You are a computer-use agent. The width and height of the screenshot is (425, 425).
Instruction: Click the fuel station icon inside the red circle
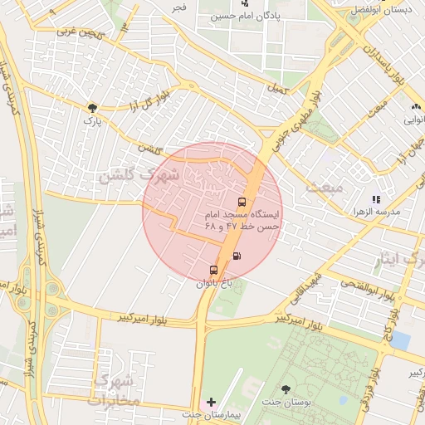238,256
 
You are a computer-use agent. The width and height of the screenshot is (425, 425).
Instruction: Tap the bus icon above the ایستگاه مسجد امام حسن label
242,202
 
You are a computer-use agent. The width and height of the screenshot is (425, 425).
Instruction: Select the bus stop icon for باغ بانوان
213,270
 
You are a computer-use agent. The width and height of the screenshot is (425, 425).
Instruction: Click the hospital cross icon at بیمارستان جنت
211,402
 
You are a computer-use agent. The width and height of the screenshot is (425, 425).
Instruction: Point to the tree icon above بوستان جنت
286,388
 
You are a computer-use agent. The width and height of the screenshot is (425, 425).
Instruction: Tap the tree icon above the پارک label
92,107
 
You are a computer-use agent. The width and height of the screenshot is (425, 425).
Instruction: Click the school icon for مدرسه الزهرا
375,199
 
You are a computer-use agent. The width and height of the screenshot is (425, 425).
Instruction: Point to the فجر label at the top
178,7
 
